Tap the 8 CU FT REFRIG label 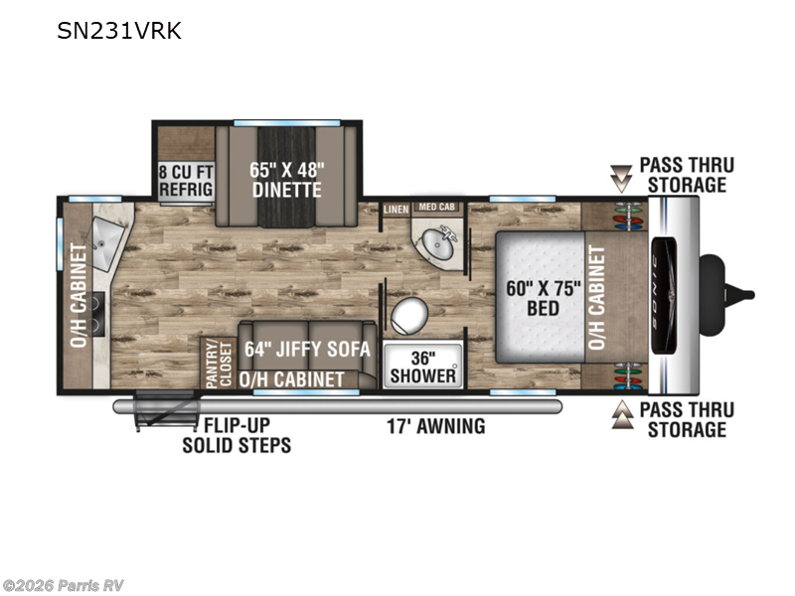click(184, 181)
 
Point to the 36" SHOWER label click(423, 367)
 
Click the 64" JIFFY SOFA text click(307, 350)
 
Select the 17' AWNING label click(436, 426)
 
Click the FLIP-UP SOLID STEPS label click(237, 435)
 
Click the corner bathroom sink click(437, 240)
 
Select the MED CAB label click(431, 207)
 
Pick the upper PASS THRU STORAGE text click(683, 174)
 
